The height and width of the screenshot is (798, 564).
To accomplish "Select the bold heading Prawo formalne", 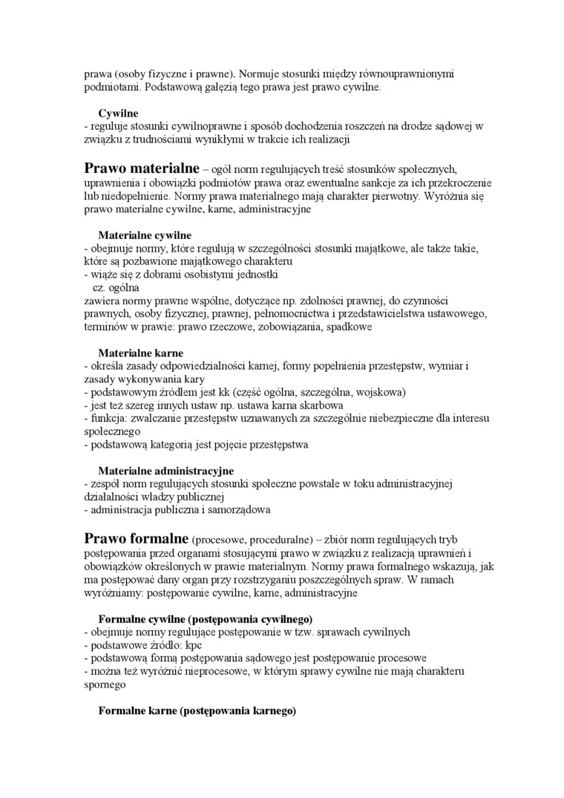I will tap(136, 538).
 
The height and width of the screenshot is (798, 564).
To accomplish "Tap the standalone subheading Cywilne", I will tap(119, 114).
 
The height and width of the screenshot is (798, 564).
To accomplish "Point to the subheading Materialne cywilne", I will tap(145, 235).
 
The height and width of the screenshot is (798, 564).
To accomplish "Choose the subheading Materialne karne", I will tap(140, 353).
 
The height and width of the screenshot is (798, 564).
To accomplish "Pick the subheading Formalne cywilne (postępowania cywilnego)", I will tap(205, 618).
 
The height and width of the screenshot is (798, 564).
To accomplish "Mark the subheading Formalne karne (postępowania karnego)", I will tap(197, 710).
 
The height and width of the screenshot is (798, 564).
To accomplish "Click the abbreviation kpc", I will tap(194, 645).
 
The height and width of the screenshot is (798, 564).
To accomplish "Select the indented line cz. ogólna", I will tap(115, 287).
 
